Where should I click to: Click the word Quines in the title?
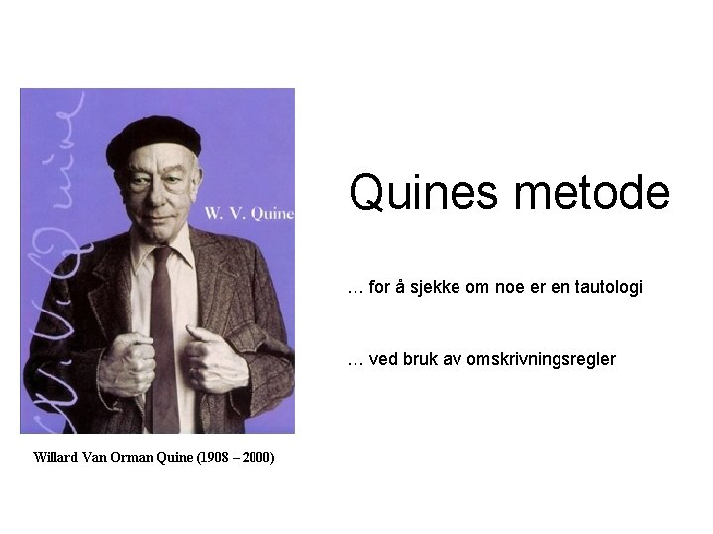[x=423, y=193]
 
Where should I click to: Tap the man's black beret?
[x=153, y=138]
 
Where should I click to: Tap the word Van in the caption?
[x=95, y=457]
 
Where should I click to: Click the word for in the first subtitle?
[x=379, y=287]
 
